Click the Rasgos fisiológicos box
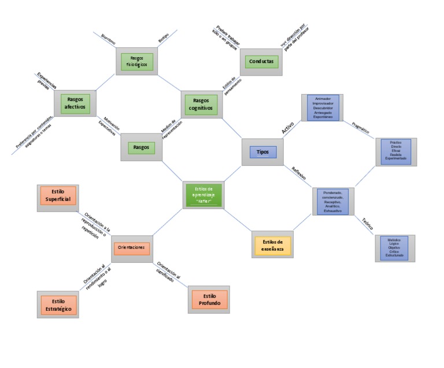click(x=137, y=62)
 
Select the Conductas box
click(x=261, y=61)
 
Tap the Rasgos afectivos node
click(x=75, y=103)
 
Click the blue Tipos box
click(x=262, y=152)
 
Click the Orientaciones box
click(x=131, y=248)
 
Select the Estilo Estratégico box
click(x=57, y=305)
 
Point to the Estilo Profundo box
click(x=209, y=300)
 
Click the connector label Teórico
click(x=368, y=224)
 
